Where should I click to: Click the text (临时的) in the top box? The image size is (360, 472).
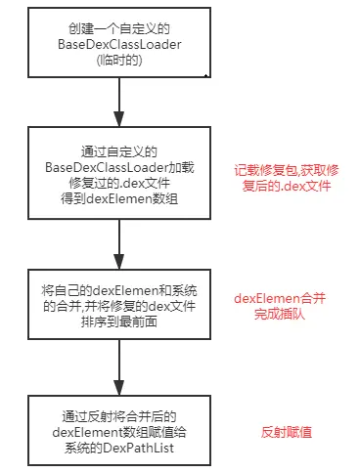[x=118, y=60]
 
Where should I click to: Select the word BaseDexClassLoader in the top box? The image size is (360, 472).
[x=118, y=45]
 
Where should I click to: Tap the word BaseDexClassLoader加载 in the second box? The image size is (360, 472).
[x=118, y=165]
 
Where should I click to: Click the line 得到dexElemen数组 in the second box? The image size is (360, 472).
[x=118, y=194]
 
